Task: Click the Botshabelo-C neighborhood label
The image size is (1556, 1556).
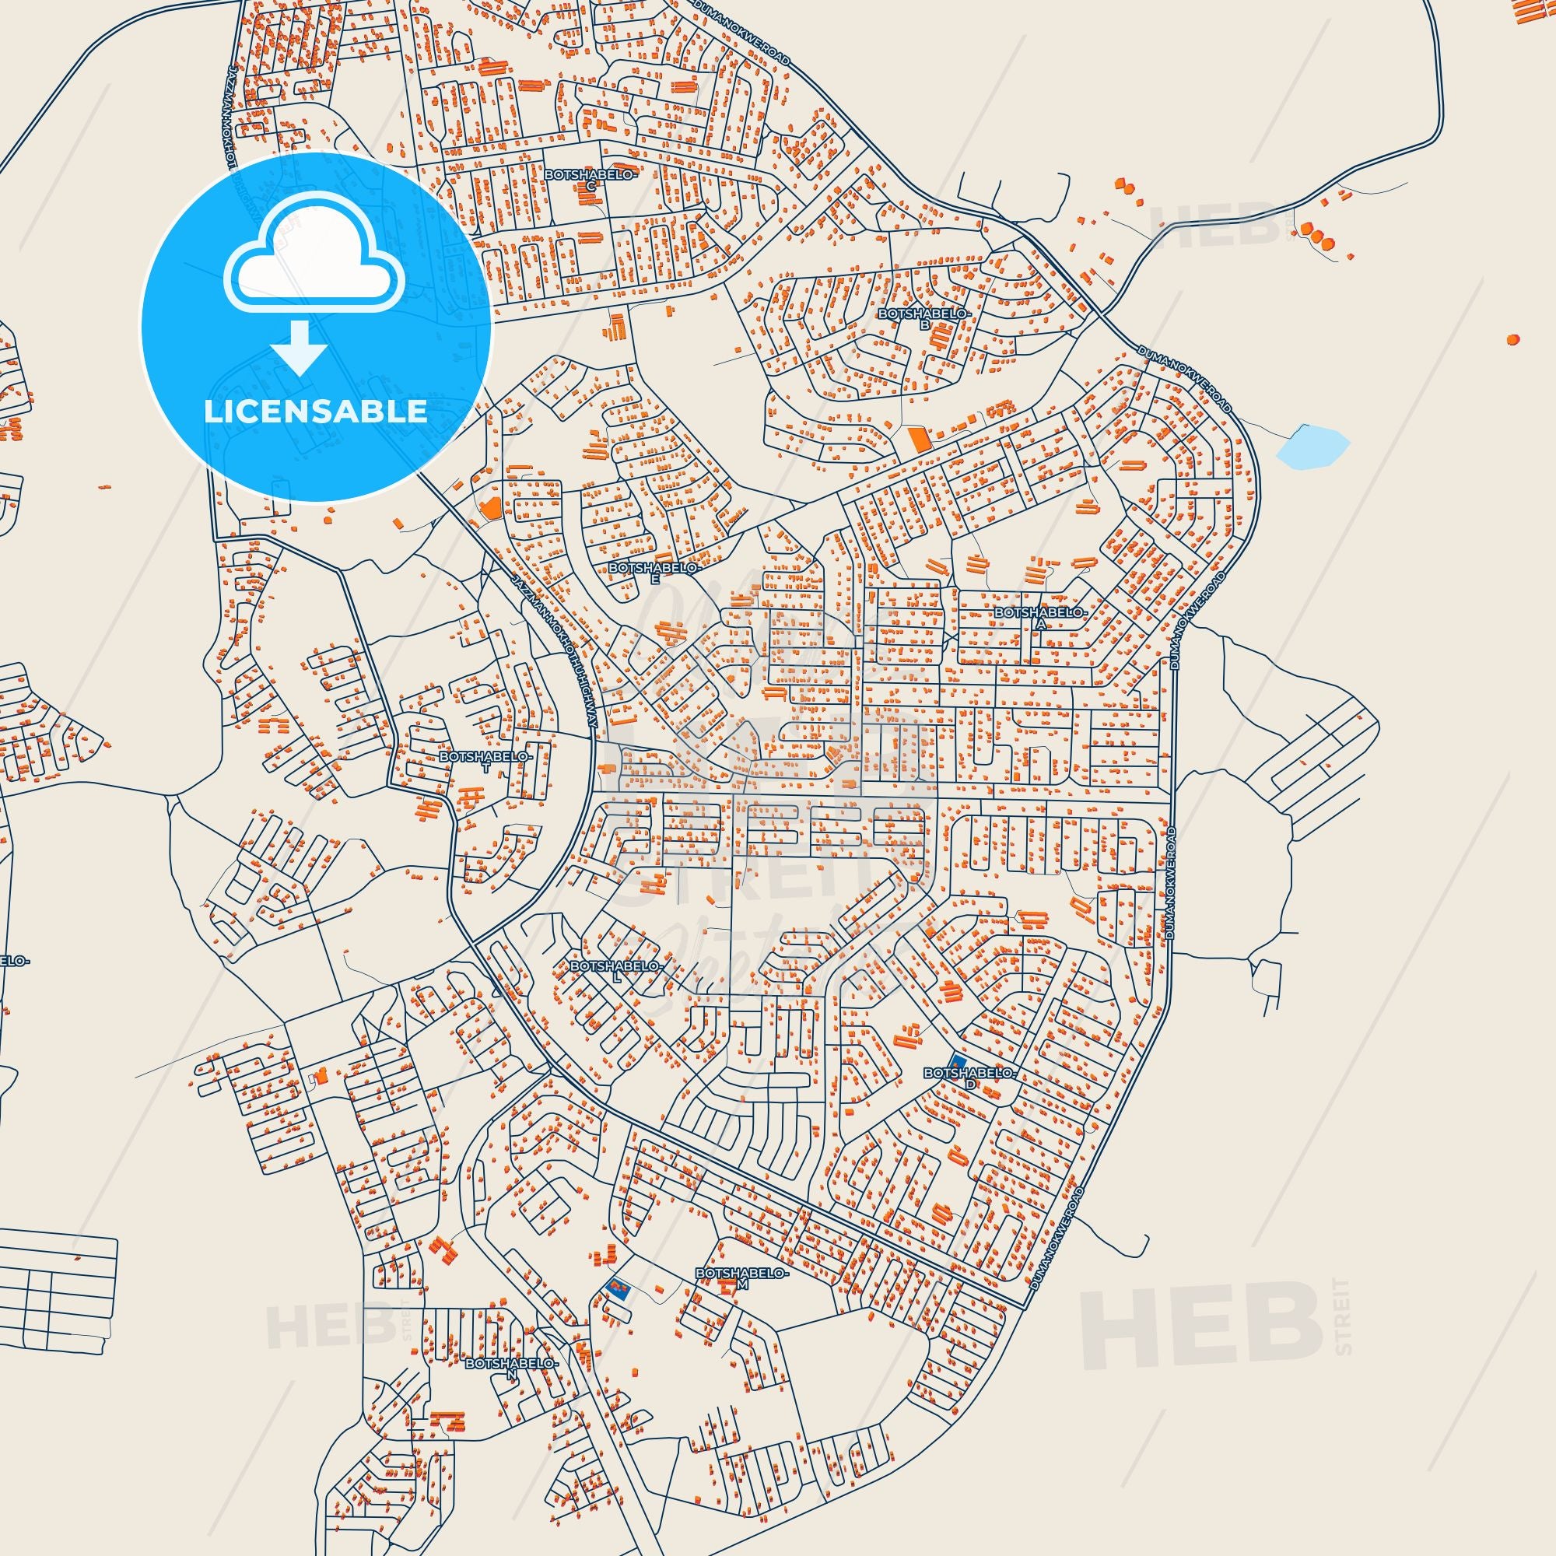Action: pyautogui.click(x=591, y=179)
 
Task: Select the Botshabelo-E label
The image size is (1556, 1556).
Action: pyautogui.click(x=656, y=572)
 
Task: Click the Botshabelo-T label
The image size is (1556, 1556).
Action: pyautogui.click(x=485, y=762)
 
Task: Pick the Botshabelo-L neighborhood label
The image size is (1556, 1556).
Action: pyautogui.click(x=616, y=969)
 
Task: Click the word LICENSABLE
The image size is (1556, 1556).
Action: pyautogui.click(x=315, y=412)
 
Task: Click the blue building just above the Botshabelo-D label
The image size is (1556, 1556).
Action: pyautogui.click(x=957, y=1063)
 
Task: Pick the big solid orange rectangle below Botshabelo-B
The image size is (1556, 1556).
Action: pyautogui.click(x=917, y=440)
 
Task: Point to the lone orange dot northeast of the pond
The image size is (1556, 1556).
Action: pyautogui.click(x=1512, y=339)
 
